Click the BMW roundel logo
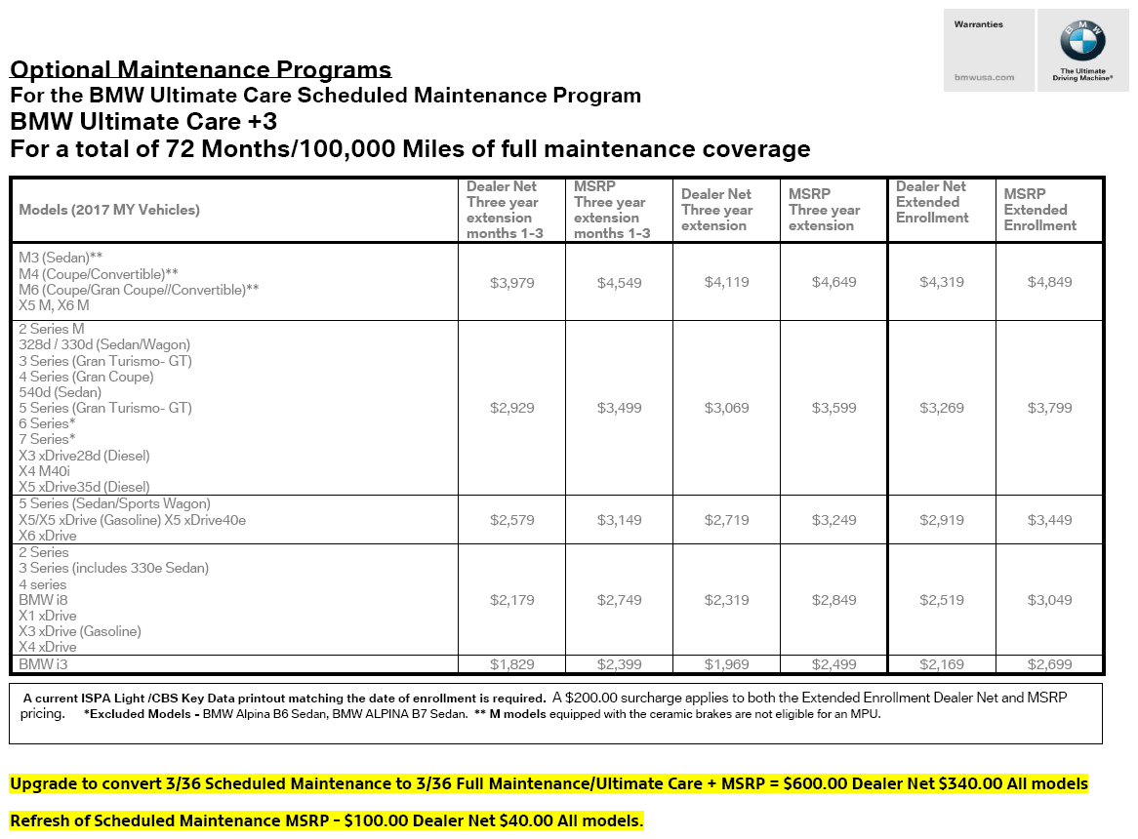(x=1082, y=42)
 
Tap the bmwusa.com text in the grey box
(x=984, y=77)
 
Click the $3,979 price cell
(x=512, y=282)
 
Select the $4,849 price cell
(x=1049, y=282)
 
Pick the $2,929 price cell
(x=512, y=408)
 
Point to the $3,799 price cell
(x=1049, y=408)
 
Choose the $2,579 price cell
(x=512, y=520)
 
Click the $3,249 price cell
(x=834, y=520)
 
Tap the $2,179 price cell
(x=512, y=600)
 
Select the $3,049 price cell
(x=1049, y=600)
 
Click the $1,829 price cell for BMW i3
(x=512, y=664)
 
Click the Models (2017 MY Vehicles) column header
(x=108, y=210)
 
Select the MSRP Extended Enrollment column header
(x=1039, y=210)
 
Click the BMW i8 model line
(x=43, y=600)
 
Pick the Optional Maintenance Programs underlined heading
(x=200, y=69)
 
